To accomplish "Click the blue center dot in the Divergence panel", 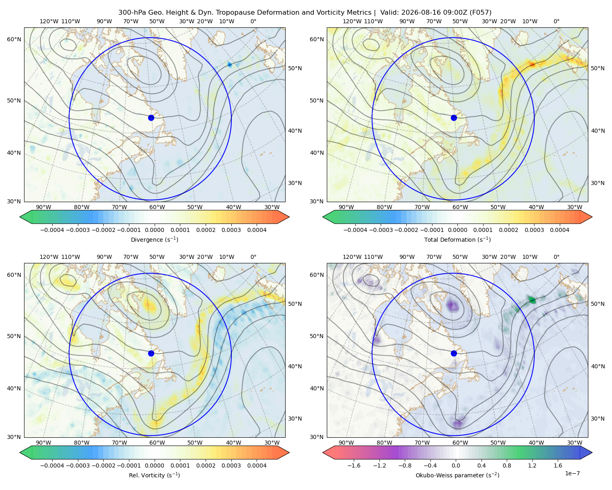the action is tap(151, 118).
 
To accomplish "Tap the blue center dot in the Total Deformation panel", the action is tap(454, 118).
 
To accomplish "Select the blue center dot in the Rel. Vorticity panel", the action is tap(151, 353).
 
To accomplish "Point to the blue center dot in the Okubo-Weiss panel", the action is tap(454, 353).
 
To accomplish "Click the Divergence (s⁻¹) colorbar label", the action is tap(154, 239).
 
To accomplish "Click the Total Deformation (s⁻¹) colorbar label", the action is tap(457, 239).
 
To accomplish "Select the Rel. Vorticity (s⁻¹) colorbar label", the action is tap(154, 475).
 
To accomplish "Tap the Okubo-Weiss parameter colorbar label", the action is tap(457, 475).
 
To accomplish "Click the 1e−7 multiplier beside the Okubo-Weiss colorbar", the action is tap(572, 473).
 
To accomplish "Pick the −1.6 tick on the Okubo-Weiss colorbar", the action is tap(354, 465).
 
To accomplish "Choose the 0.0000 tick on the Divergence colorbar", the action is tap(154, 230).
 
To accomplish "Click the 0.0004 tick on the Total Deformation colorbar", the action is tap(559, 230).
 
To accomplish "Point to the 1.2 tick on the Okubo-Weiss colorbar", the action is tap(532, 465).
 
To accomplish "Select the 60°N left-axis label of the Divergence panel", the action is tap(14, 39).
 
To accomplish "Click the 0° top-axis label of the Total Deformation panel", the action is tap(556, 21).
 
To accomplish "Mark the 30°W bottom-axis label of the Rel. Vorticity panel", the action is tap(272, 443).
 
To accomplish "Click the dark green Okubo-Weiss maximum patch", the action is tap(532, 300).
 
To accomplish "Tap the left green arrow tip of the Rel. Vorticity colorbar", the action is tap(20, 452).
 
